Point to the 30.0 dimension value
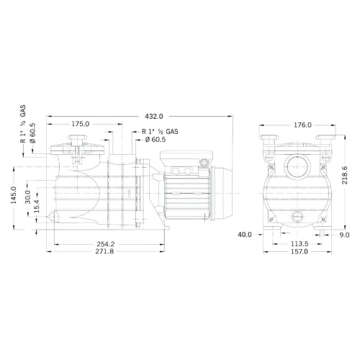[28, 196]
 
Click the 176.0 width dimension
[303, 125]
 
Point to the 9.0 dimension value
[344, 234]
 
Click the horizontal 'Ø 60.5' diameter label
[156, 140]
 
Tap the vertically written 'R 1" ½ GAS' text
[24, 128]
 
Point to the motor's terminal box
[185, 167]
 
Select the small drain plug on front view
[296, 215]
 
